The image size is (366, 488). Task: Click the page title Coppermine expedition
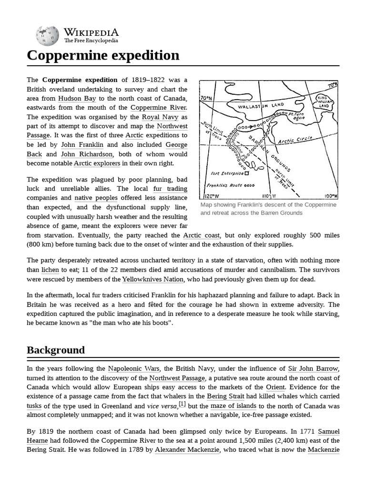coord(103,55)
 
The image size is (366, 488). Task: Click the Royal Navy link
coord(157,117)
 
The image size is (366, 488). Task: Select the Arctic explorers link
coord(97,163)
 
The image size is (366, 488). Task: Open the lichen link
coord(50,270)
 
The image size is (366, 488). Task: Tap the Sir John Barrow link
coord(313,368)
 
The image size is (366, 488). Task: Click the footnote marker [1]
coord(182,405)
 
